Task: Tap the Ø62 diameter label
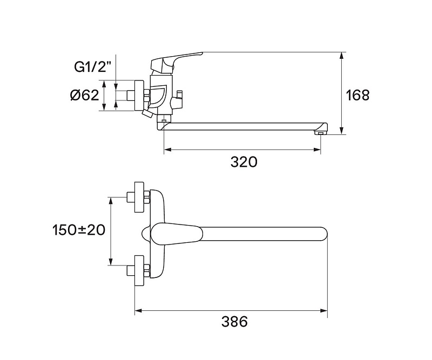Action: click(85, 96)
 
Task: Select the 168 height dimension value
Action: click(357, 96)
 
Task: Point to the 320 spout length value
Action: click(244, 162)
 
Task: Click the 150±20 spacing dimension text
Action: click(79, 230)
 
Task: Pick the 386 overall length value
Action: click(235, 322)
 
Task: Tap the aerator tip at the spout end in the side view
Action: click(320, 133)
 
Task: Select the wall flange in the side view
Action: click(139, 96)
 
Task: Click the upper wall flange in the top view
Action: click(139, 197)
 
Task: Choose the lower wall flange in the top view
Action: click(139, 271)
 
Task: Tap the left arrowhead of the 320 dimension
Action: click(168, 150)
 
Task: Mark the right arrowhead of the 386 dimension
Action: click(323, 311)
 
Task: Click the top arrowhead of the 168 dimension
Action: click(342, 56)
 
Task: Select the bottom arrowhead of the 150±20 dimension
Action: click(111, 262)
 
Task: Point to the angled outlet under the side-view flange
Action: click(147, 113)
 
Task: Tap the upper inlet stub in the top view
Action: click(130, 197)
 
